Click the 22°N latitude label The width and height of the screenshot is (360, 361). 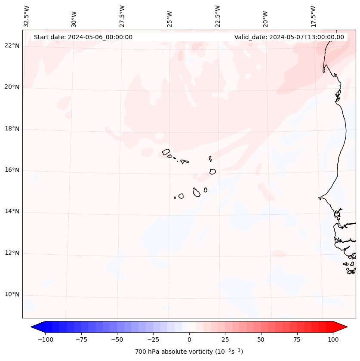pos(12,46)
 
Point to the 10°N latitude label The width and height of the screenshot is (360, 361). pos(12,295)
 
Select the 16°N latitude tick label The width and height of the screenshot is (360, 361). pos(12,170)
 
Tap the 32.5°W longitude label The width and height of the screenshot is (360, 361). pos(27,16)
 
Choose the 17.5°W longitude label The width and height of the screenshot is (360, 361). pos(313,16)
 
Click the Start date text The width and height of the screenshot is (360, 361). pos(83,37)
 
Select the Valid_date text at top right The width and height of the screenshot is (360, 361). pos(289,37)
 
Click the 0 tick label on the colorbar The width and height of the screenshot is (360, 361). pos(189,339)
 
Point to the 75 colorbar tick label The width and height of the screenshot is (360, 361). pos(297,339)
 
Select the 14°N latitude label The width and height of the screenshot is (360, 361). pos(12,212)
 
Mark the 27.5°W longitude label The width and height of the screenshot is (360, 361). pos(122,16)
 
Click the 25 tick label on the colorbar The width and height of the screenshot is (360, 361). pos(225,339)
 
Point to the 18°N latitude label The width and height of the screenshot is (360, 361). pos(12,129)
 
